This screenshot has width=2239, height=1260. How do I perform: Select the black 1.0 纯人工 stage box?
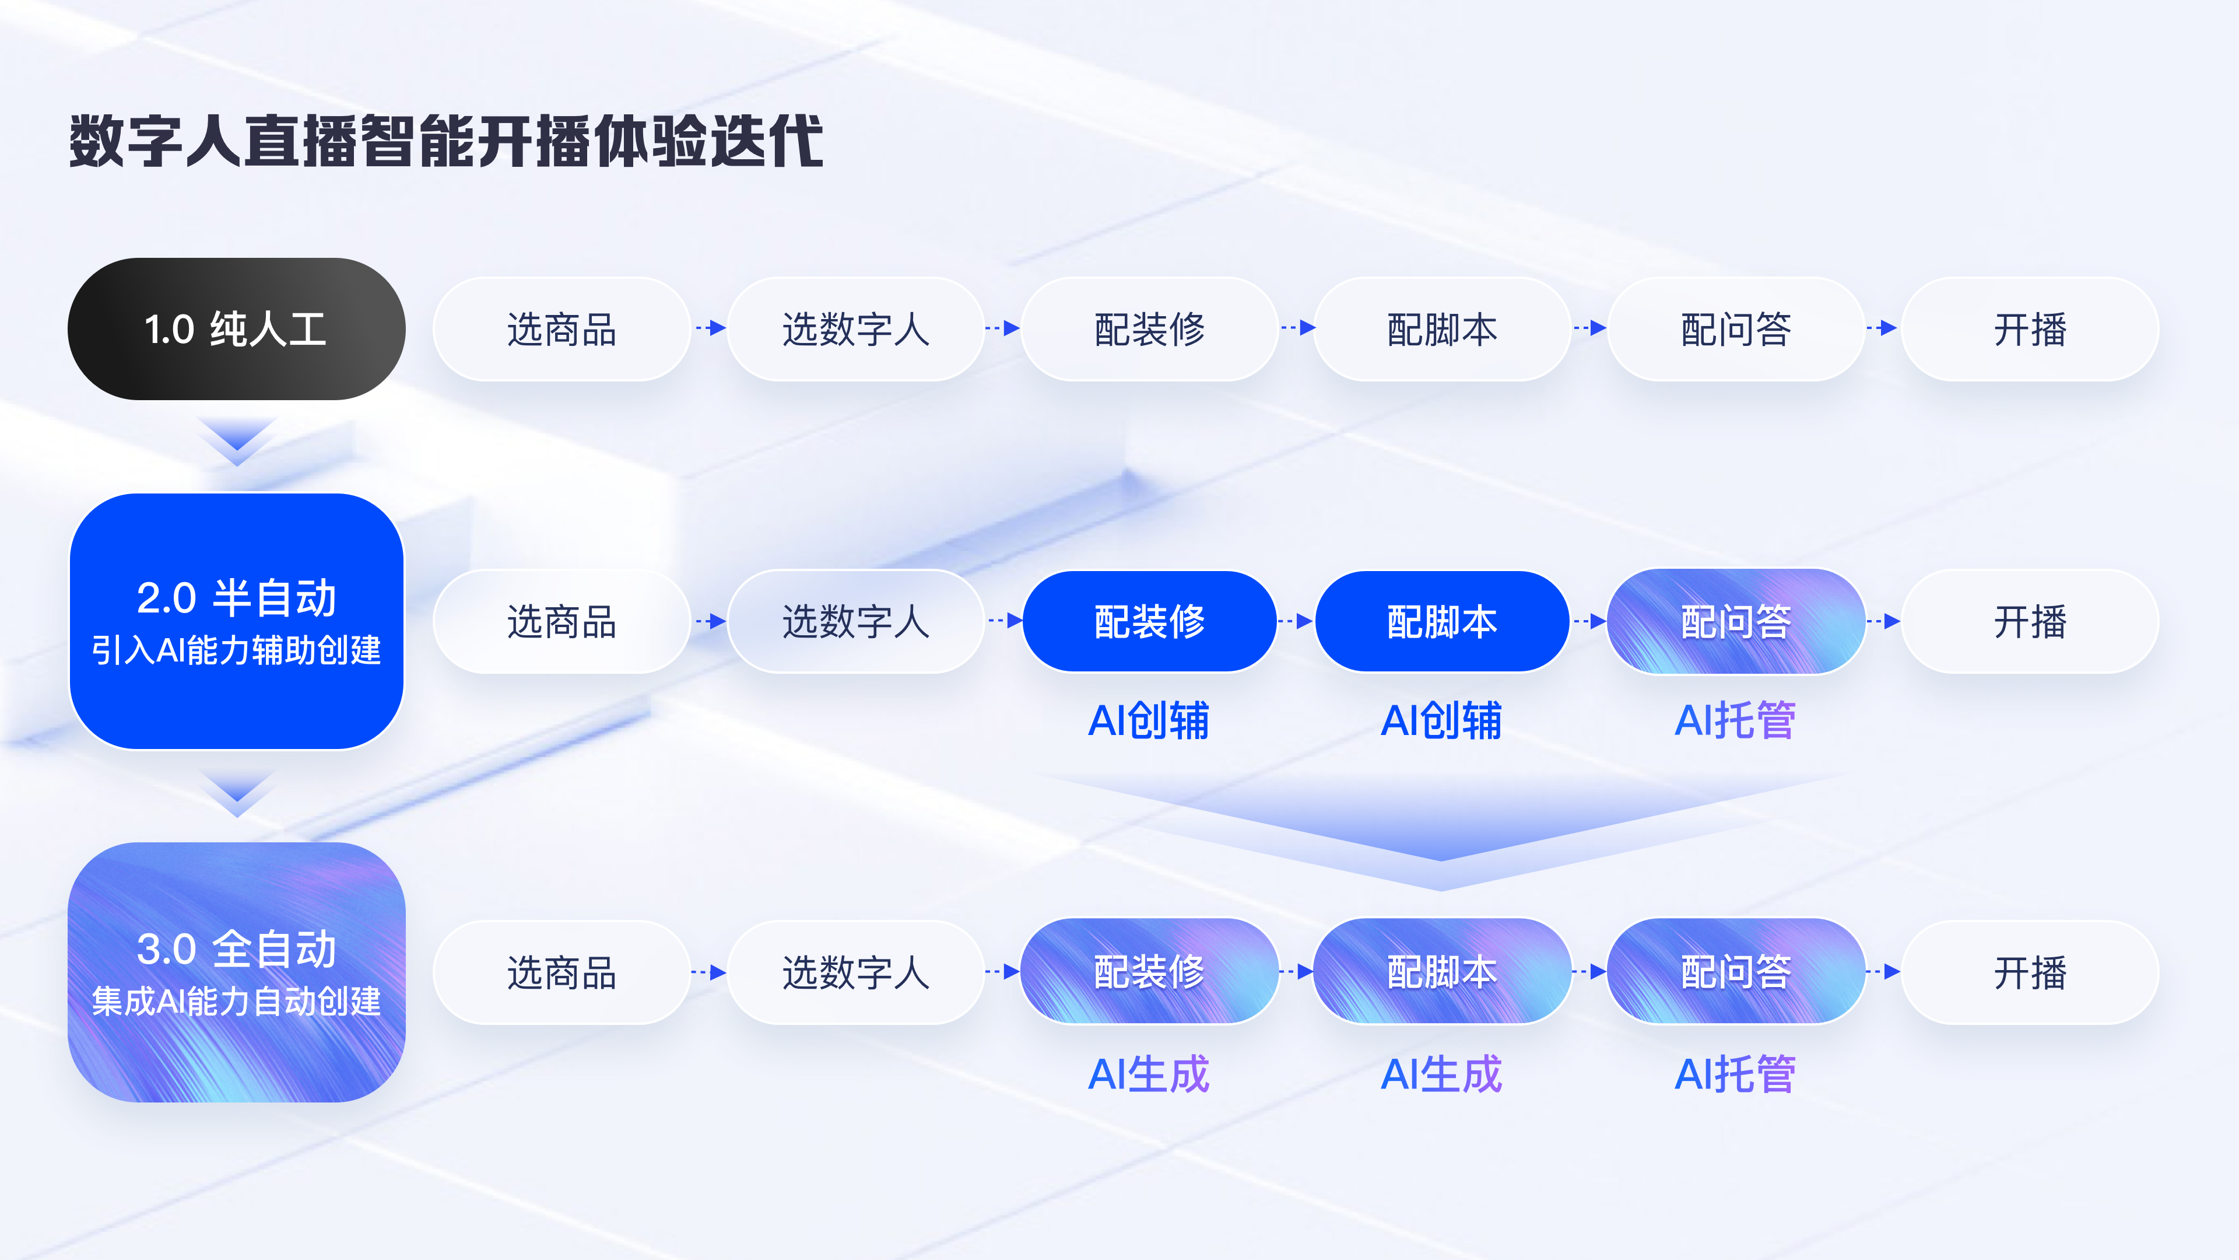tap(236, 328)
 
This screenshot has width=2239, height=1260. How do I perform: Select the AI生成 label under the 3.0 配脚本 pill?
tap(1441, 1074)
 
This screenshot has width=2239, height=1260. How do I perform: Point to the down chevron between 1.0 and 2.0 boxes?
tap(236, 440)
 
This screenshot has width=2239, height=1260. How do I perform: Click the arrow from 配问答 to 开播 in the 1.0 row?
tap(1883, 328)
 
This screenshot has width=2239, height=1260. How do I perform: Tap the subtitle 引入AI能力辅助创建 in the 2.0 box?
tap(236, 650)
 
